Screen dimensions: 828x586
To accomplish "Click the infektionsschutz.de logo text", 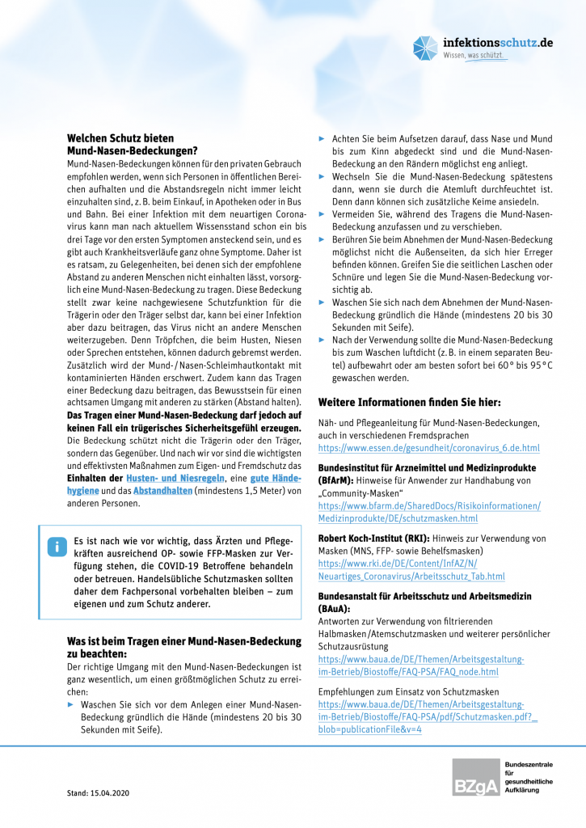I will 498,42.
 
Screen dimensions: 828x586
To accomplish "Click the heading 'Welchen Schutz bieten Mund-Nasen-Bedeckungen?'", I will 132,144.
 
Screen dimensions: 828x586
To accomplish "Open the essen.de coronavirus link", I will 429,447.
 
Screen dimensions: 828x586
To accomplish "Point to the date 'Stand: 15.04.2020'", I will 98,792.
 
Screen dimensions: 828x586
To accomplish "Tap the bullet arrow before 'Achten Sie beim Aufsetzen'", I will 323,139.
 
